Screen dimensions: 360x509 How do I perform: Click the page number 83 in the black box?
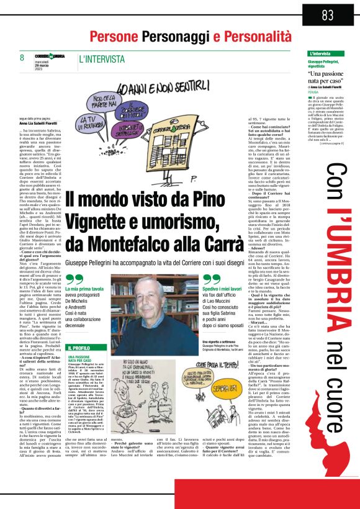[328, 14]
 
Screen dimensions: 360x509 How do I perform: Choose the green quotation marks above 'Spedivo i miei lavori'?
[211, 280]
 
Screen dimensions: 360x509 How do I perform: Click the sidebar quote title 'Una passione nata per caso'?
[328, 78]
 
